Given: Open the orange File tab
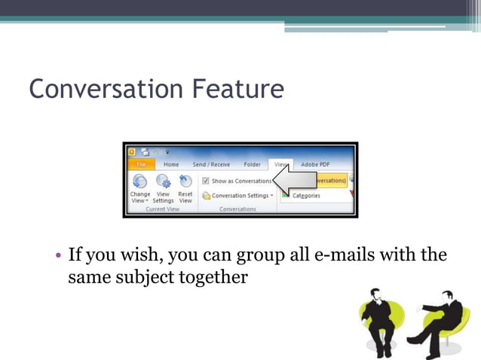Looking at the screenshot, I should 141,164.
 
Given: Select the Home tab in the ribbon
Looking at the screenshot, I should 171,164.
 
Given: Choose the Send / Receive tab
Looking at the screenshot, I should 211,164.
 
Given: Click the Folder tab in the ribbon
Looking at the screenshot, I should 252,164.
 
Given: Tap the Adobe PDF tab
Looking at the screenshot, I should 315,164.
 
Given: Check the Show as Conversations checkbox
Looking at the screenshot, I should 205,181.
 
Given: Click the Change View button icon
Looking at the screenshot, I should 139,182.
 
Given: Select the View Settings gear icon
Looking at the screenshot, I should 163,182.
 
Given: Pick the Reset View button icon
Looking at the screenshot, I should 185,182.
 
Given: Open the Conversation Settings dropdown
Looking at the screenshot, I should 237,196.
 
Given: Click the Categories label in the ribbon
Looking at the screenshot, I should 306,196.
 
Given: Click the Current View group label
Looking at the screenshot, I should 162,209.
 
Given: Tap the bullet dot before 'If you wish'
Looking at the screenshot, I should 57,255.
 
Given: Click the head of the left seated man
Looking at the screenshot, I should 374,294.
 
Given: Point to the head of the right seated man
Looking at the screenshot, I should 448,296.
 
